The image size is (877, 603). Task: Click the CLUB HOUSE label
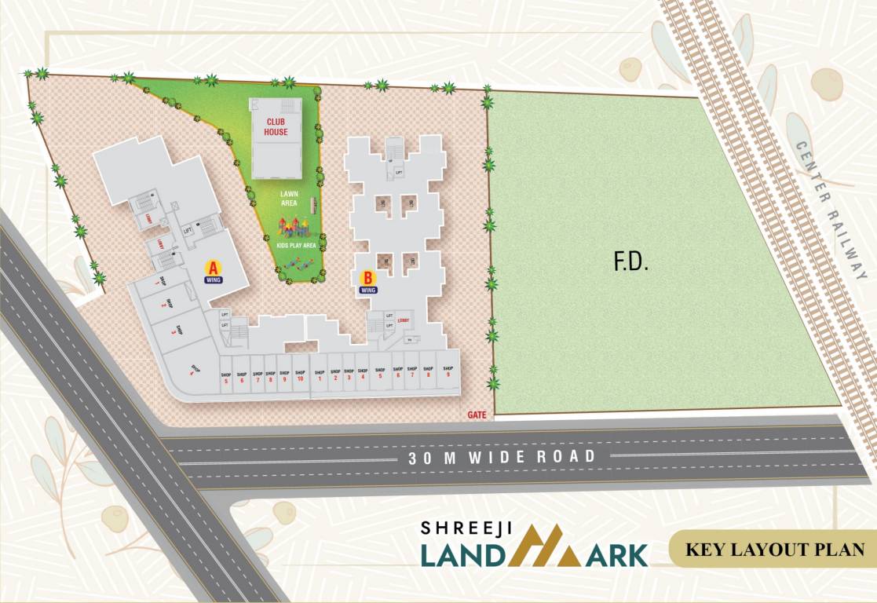coord(276,127)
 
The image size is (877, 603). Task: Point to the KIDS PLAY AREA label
coord(297,246)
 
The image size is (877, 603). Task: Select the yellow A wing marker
coord(212,266)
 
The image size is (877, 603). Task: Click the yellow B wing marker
coord(367,277)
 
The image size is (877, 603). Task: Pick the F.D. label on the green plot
coord(630,262)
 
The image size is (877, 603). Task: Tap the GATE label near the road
coord(477,414)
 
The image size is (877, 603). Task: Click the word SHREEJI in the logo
coord(466,530)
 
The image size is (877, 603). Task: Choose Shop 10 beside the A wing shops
coord(299,375)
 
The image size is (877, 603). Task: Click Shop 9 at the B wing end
coord(448,371)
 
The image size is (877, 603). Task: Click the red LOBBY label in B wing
coord(404,320)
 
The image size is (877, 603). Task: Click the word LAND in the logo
coord(464,554)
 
